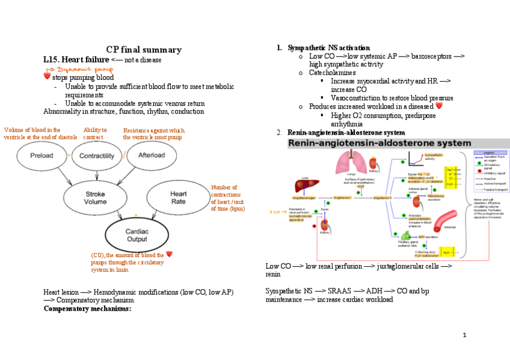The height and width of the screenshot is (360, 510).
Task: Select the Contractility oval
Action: [97, 156]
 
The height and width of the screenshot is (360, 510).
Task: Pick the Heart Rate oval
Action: [179, 198]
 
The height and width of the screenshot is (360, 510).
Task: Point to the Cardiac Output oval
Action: [137, 235]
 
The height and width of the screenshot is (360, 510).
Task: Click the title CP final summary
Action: [144, 50]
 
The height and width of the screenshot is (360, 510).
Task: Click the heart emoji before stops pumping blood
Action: [47, 78]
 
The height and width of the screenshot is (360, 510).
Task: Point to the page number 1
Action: [465, 334]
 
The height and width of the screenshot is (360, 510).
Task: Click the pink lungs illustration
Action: [347, 163]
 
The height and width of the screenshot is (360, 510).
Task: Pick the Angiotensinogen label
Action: [305, 197]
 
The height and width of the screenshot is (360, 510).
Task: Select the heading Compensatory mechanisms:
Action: [87, 309]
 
